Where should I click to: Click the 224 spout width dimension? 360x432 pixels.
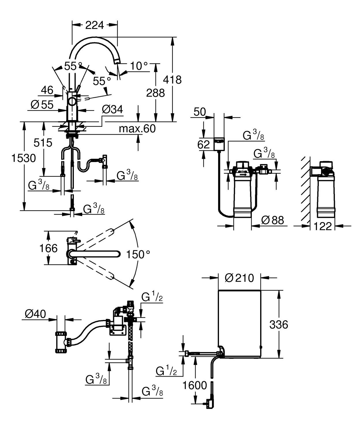point(94,25)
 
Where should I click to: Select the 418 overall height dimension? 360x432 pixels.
point(172,79)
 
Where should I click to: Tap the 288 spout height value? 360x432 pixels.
point(155,93)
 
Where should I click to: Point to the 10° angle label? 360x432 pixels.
point(139,66)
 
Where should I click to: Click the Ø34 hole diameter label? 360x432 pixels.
point(112,109)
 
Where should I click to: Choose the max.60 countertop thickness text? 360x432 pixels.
point(137,129)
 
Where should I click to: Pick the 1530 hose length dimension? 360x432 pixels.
point(24,158)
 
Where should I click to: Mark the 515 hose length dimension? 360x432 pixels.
point(43,143)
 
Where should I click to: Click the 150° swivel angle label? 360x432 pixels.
point(138,254)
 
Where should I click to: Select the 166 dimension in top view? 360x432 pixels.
point(48,248)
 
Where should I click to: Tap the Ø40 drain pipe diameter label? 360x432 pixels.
point(35,314)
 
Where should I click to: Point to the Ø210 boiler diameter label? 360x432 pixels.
point(239,278)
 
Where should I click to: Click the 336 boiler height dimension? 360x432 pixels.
point(278,325)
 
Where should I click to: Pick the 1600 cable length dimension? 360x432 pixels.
point(195,385)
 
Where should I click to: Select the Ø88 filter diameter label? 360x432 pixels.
point(272,220)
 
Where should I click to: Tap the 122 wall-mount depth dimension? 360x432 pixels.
point(322,226)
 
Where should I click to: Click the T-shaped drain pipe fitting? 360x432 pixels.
point(61,342)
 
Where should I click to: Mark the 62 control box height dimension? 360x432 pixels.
point(203,144)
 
